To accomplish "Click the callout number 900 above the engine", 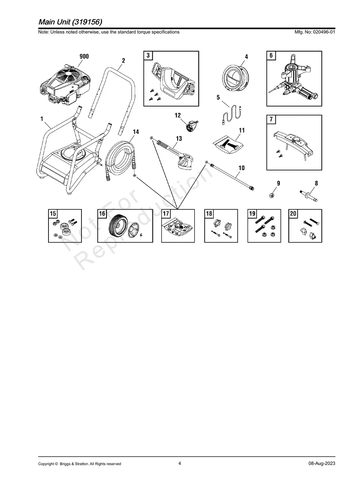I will pyautogui.click(x=84, y=56).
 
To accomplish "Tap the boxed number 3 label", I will pyautogui.click(x=148, y=56).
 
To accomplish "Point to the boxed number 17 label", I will pyautogui.click(x=166, y=214).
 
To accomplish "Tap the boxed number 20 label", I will pyautogui.click(x=293, y=214).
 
